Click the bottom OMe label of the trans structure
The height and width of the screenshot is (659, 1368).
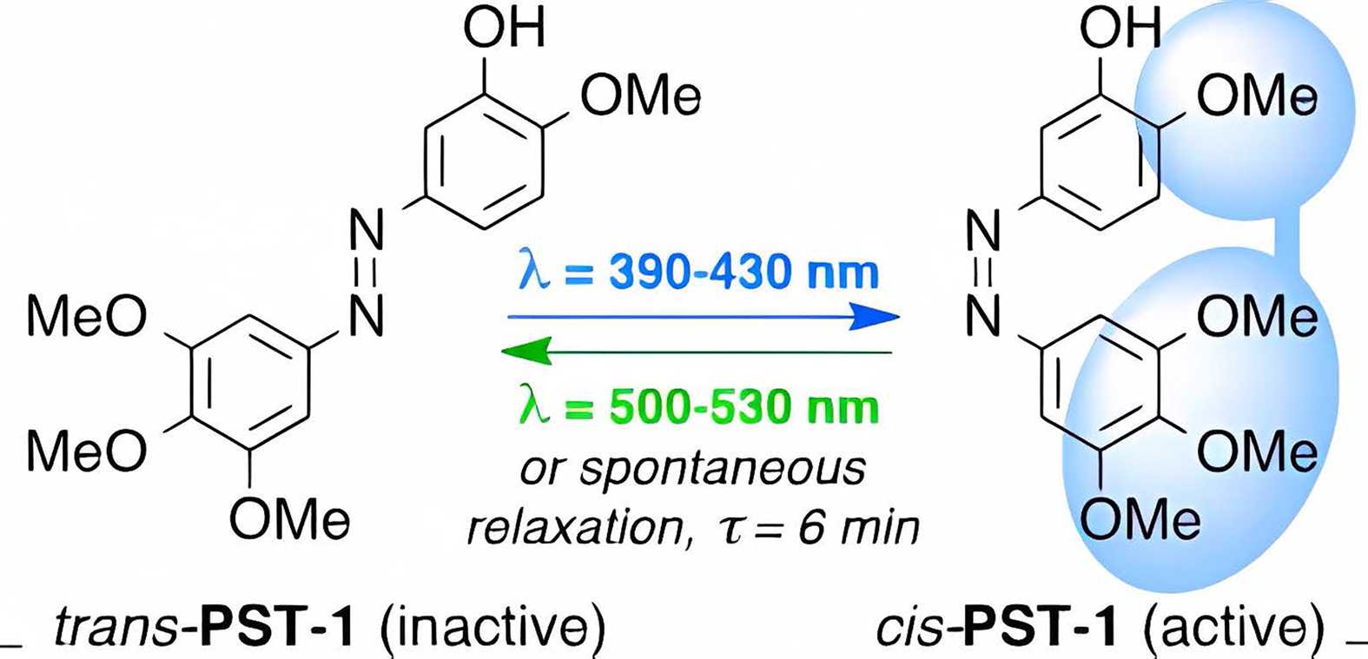(x=290, y=520)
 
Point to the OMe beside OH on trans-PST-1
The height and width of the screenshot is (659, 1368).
(x=641, y=96)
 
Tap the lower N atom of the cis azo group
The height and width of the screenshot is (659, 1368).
(x=984, y=317)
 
